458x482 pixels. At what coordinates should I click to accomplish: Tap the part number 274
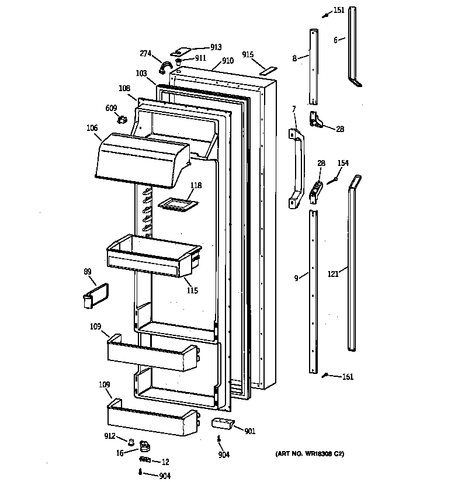[x=146, y=54]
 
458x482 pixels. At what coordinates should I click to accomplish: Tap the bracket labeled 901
[x=221, y=424]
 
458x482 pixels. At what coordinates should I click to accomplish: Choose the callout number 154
[x=343, y=163]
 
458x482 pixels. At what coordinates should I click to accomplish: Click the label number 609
[x=111, y=108]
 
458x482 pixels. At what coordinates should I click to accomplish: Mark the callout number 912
[x=109, y=435]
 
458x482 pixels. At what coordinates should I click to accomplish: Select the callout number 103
[x=141, y=73]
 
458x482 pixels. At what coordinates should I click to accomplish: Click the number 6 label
[x=336, y=40]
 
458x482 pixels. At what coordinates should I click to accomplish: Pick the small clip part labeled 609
[x=122, y=120]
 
